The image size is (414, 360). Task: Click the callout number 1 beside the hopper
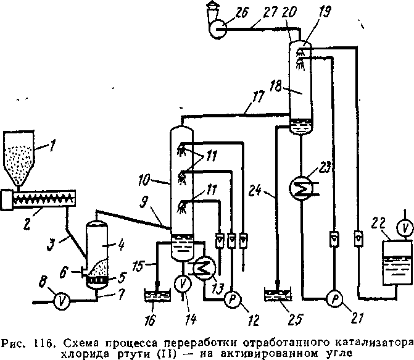[52, 146]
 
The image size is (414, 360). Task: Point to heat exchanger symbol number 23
[301, 188]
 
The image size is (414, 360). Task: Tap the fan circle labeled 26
[218, 28]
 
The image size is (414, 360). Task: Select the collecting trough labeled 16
[157, 295]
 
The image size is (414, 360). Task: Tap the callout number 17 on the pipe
[257, 98]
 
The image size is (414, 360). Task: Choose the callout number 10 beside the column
[144, 180]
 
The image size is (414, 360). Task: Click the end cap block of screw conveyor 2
[7, 200]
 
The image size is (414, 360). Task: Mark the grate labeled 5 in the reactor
[97, 279]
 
